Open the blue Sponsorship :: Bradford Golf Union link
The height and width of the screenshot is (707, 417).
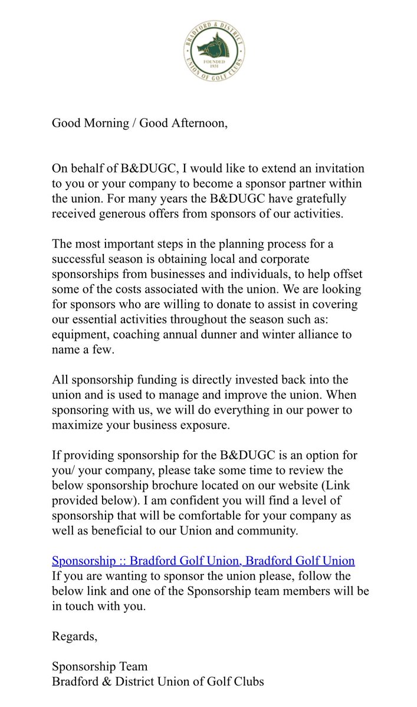203,560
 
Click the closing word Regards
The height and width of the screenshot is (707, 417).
74,636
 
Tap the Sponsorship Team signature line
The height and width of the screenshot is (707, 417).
100,667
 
